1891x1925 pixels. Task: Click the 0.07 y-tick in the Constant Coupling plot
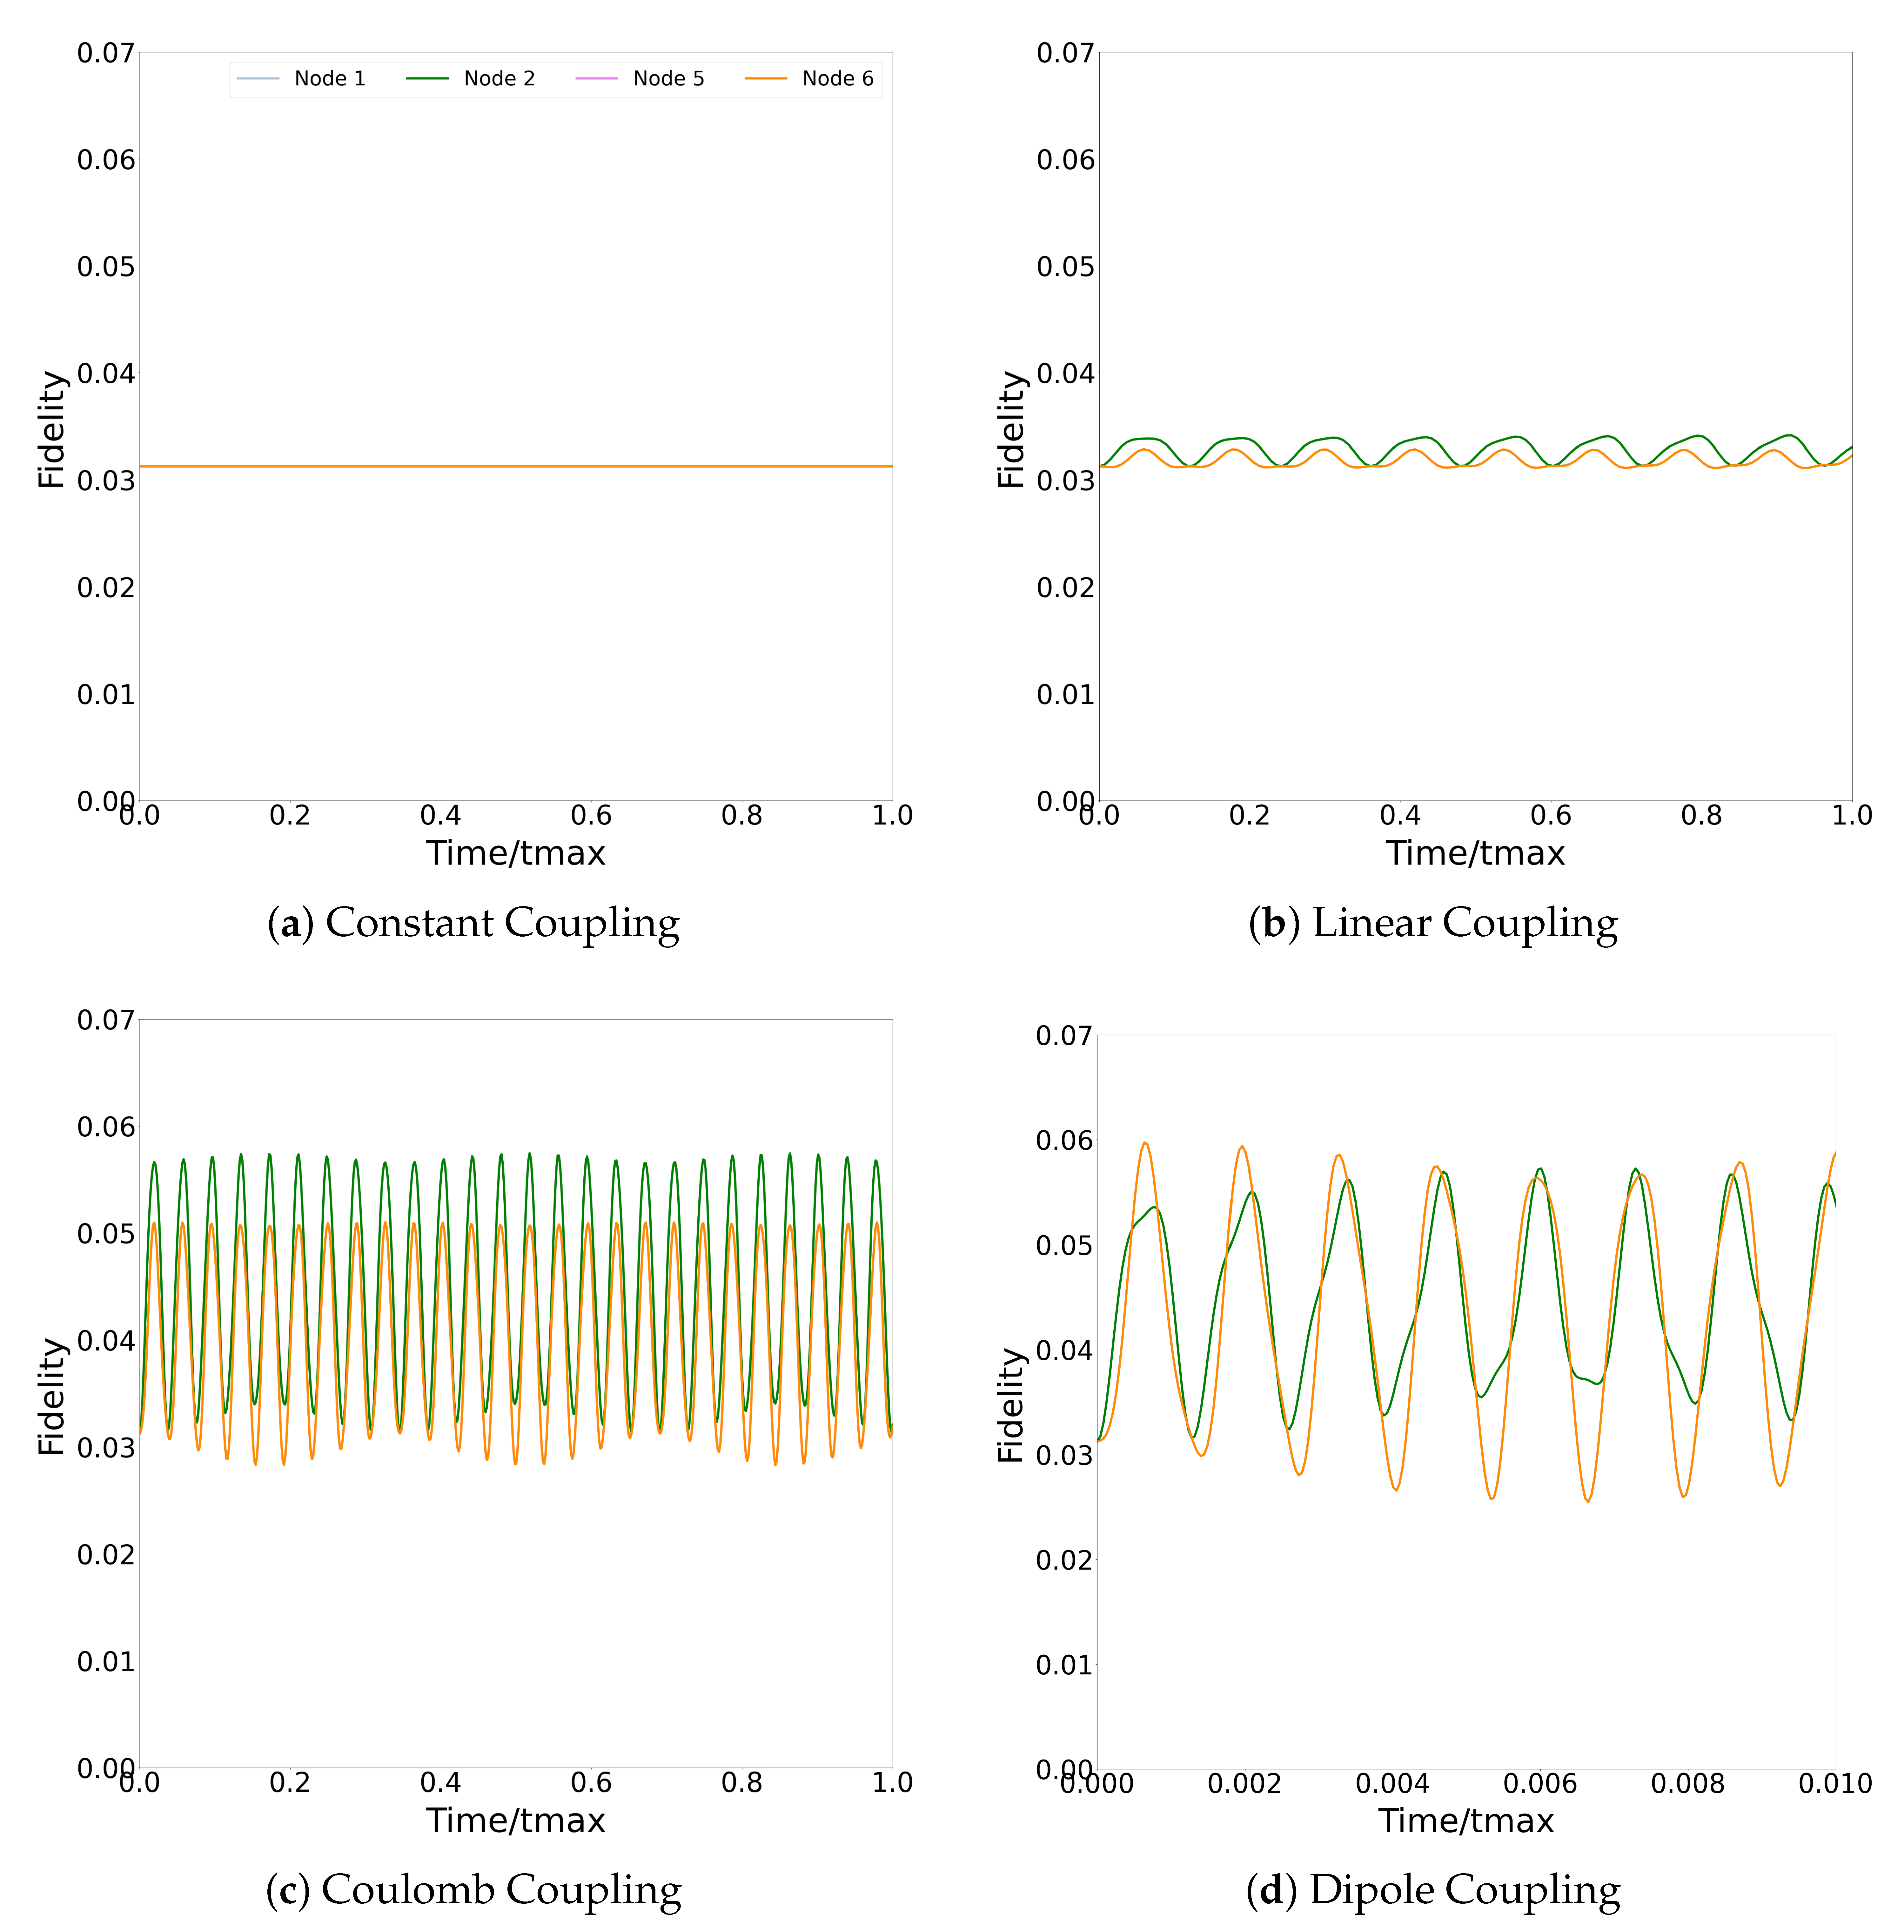click(x=105, y=53)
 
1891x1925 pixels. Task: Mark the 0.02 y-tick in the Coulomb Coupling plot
click(x=105, y=1554)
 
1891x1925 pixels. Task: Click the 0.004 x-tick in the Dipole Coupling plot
click(x=1392, y=1784)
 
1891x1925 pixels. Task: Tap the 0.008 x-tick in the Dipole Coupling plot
click(x=1687, y=1784)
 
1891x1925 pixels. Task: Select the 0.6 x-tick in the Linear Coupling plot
click(x=1550, y=816)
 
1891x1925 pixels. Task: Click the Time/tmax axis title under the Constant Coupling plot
click(x=515, y=853)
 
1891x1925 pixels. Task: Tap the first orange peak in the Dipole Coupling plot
click(x=1145, y=1143)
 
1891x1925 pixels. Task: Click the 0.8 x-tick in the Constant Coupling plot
click(x=742, y=816)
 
